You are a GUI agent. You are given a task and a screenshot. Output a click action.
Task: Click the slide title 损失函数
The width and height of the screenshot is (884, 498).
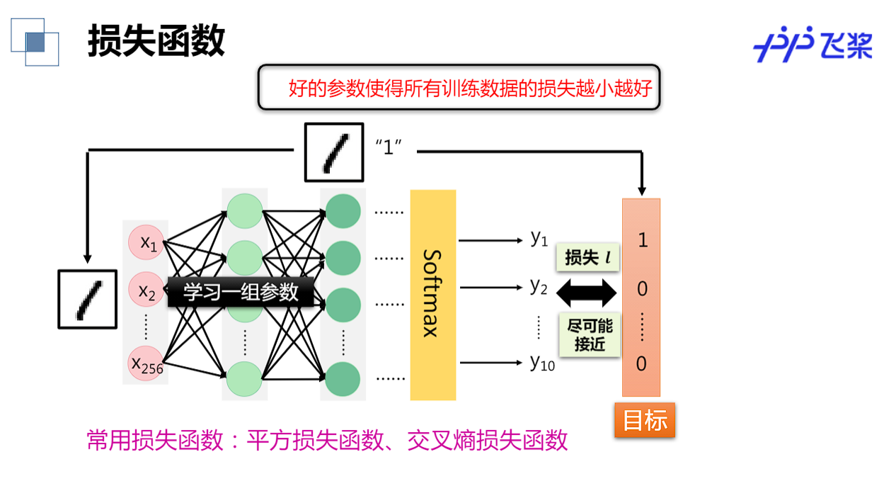click(156, 40)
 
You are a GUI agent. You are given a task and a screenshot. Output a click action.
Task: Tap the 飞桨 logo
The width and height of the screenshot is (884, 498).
click(813, 47)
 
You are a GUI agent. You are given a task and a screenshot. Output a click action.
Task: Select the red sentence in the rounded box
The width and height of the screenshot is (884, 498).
click(470, 89)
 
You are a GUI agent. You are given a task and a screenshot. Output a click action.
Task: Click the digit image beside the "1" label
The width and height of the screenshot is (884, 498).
click(334, 152)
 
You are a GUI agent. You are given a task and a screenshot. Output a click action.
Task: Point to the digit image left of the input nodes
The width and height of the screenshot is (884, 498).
click(87, 298)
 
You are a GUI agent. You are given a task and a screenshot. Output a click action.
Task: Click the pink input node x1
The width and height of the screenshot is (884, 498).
click(147, 244)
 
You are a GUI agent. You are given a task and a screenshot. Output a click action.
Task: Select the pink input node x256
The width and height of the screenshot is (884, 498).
click(147, 364)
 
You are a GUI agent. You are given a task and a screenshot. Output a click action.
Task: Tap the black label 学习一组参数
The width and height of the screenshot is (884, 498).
click(241, 292)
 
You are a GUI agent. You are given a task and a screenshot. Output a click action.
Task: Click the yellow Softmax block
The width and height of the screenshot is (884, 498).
click(433, 295)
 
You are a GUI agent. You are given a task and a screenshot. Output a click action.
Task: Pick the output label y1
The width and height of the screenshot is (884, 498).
click(539, 239)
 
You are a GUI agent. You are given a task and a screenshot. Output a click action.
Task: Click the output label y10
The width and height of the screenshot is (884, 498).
click(542, 363)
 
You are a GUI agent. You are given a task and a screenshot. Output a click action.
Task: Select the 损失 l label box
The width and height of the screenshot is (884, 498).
click(588, 258)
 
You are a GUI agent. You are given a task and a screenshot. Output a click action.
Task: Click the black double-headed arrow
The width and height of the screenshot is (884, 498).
click(587, 292)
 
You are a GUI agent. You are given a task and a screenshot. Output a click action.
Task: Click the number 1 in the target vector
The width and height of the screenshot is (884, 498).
click(642, 240)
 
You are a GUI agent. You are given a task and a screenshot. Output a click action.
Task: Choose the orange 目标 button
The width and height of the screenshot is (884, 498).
click(645, 420)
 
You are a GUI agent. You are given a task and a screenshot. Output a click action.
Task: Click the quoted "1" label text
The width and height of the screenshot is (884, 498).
click(388, 149)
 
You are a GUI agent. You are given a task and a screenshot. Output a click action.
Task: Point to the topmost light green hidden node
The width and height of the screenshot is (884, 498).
click(245, 210)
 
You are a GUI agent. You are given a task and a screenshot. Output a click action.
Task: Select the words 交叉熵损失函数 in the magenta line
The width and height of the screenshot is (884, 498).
click(488, 441)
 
